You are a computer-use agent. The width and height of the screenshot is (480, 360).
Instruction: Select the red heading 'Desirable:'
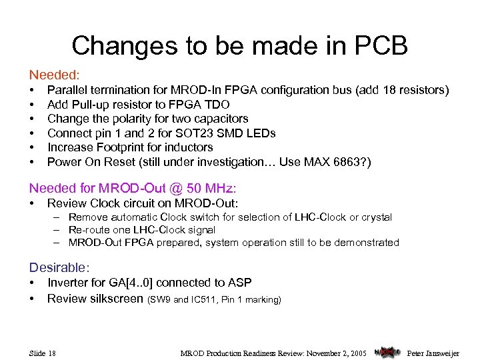coord(58,267)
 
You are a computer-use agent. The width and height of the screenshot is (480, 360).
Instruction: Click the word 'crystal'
coord(374,217)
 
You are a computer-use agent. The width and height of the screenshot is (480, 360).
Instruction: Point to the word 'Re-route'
coord(89,230)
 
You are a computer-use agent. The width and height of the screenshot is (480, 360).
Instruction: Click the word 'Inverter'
coord(69,283)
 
